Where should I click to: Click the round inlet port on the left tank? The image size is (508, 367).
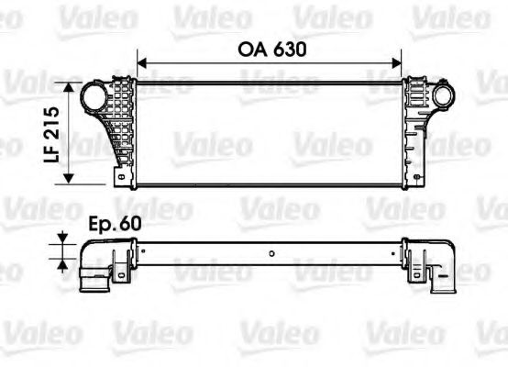pos(94,96)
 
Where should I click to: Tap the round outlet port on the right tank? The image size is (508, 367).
pos(444,96)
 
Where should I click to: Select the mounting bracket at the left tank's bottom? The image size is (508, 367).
pos(119,173)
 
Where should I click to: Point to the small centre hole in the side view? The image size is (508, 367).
pos(272,254)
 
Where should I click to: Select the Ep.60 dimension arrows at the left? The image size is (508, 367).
pos(62,250)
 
